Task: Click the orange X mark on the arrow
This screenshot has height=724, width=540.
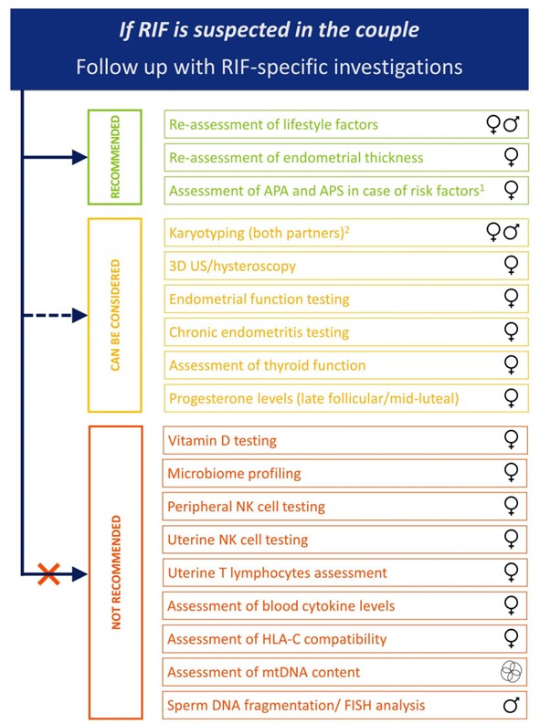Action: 48,574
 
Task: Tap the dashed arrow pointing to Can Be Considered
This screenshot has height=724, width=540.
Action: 55,316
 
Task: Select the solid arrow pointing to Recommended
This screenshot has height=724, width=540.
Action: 55,157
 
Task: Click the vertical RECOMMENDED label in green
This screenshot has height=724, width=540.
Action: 115,157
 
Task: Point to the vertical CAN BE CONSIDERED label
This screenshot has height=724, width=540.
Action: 115,315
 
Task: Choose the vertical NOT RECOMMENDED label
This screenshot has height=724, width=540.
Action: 116,572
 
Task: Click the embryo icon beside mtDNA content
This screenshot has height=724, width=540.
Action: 511,671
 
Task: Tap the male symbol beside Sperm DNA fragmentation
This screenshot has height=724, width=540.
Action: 511,705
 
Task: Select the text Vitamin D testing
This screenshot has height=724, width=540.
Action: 222,440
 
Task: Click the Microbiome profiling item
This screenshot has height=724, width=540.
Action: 234,474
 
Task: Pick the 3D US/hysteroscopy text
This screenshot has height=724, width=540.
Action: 232,267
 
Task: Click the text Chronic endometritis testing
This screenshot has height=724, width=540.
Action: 259,332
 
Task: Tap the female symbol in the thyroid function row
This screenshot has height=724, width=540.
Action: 511,365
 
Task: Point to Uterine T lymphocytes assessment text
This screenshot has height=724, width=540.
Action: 277,573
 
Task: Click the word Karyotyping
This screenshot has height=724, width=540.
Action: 206,233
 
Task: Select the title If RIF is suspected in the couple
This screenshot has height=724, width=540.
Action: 270,30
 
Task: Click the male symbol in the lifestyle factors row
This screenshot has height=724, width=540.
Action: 511,124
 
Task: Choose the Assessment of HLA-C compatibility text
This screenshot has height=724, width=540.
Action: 277,639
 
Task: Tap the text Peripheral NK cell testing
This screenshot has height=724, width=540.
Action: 246,507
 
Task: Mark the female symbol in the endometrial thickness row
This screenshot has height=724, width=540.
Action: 511,157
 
